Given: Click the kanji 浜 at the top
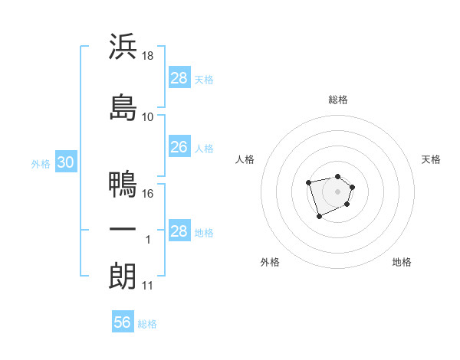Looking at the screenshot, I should (x=123, y=47).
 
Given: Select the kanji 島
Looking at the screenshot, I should (x=123, y=106).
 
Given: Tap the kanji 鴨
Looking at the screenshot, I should (x=123, y=184).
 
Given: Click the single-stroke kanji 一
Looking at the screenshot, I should (x=123, y=230).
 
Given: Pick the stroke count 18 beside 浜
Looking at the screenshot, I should (x=149, y=57).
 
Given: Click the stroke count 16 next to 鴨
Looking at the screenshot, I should (x=149, y=194).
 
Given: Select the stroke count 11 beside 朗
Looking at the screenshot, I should (x=149, y=286).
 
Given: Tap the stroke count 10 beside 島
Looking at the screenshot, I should (x=149, y=116).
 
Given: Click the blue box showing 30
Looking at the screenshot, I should (x=65, y=163).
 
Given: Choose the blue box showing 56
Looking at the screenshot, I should (x=123, y=322).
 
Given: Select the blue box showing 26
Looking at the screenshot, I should (x=179, y=146).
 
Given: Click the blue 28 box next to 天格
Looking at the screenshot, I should (x=179, y=77).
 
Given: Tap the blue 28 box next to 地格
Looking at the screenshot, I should (x=179, y=231).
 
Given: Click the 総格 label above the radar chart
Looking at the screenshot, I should (x=338, y=100).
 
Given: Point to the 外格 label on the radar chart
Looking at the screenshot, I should (x=270, y=262).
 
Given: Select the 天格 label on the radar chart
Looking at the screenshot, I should (x=431, y=159).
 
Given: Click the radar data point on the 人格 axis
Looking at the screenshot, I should (x=308, y=182).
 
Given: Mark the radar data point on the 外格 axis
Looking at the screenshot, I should (x=319, y=217).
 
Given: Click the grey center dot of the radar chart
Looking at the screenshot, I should (x=338, y=191).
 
